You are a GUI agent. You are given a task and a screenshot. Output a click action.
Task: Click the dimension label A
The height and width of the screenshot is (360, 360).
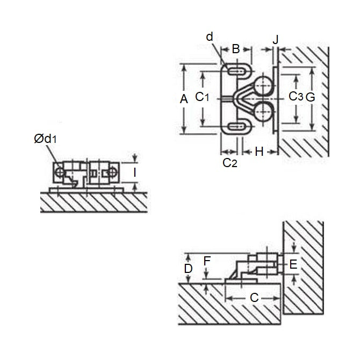[184, 99]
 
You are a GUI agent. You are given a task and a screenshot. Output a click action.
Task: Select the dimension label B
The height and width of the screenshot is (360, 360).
[236, 49]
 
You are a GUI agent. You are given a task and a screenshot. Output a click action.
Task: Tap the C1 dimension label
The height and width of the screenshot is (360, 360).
[202, 97]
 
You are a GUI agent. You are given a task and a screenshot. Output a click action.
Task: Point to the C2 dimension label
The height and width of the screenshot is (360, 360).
[230, 163]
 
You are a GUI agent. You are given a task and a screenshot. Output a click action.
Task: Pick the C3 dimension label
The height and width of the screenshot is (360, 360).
[296, 96]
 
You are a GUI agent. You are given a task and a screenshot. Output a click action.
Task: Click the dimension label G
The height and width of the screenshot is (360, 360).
[311, 97]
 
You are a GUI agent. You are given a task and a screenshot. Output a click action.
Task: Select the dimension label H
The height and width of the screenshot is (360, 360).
[259, 152]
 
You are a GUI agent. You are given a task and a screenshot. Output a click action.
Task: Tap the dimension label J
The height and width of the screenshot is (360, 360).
[276, 39]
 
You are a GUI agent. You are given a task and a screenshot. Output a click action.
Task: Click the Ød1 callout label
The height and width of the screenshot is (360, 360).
[45, 139]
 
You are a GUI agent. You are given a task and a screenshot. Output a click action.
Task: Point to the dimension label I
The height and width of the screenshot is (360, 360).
[135, 172]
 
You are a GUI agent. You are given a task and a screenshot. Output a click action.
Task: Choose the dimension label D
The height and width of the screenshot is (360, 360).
[188, 269]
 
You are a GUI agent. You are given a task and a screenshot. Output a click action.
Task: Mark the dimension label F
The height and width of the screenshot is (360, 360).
[207, 261]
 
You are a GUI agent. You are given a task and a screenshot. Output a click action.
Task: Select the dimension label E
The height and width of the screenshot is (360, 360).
[293, 264]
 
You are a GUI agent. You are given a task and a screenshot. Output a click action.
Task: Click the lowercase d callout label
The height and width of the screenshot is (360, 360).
[210, 37]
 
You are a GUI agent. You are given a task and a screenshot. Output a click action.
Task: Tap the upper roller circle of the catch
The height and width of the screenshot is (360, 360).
[263, 85]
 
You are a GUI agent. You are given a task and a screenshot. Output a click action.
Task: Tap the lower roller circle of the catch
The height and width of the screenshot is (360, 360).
[263, 112]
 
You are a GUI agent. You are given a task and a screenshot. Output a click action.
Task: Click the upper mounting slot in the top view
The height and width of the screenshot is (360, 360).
[236, 71]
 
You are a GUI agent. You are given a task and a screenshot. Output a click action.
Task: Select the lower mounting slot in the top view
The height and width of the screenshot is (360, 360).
[236, 126]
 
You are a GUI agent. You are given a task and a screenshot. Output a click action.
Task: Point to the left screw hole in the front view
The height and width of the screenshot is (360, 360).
[60, 172]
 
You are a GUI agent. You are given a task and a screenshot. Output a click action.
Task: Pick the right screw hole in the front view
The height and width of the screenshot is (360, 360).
[112, 172]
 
